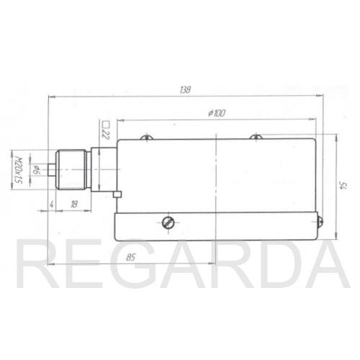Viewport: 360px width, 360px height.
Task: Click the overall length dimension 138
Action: pyautogui.click(x=185, y=90)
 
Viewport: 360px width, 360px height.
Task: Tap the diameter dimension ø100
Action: pyautogui.click(x=217, y=113)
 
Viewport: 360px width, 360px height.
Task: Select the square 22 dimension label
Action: pyautogui.click(x=106, y=131)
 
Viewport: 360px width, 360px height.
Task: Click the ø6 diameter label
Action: pyautogui.click(x=36, y=170)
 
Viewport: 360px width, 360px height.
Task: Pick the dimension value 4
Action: pyautogui.click(x=51, y=204)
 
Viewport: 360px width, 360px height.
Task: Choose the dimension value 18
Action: pyautogui.click(x=74, y=204)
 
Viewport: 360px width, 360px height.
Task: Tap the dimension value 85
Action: pyautogui.click(x=130, y=258)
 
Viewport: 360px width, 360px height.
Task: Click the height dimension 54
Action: pyautogui.click(x=343, y=186)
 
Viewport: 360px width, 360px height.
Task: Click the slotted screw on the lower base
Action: pyautogui.click(x=168, y=222)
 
